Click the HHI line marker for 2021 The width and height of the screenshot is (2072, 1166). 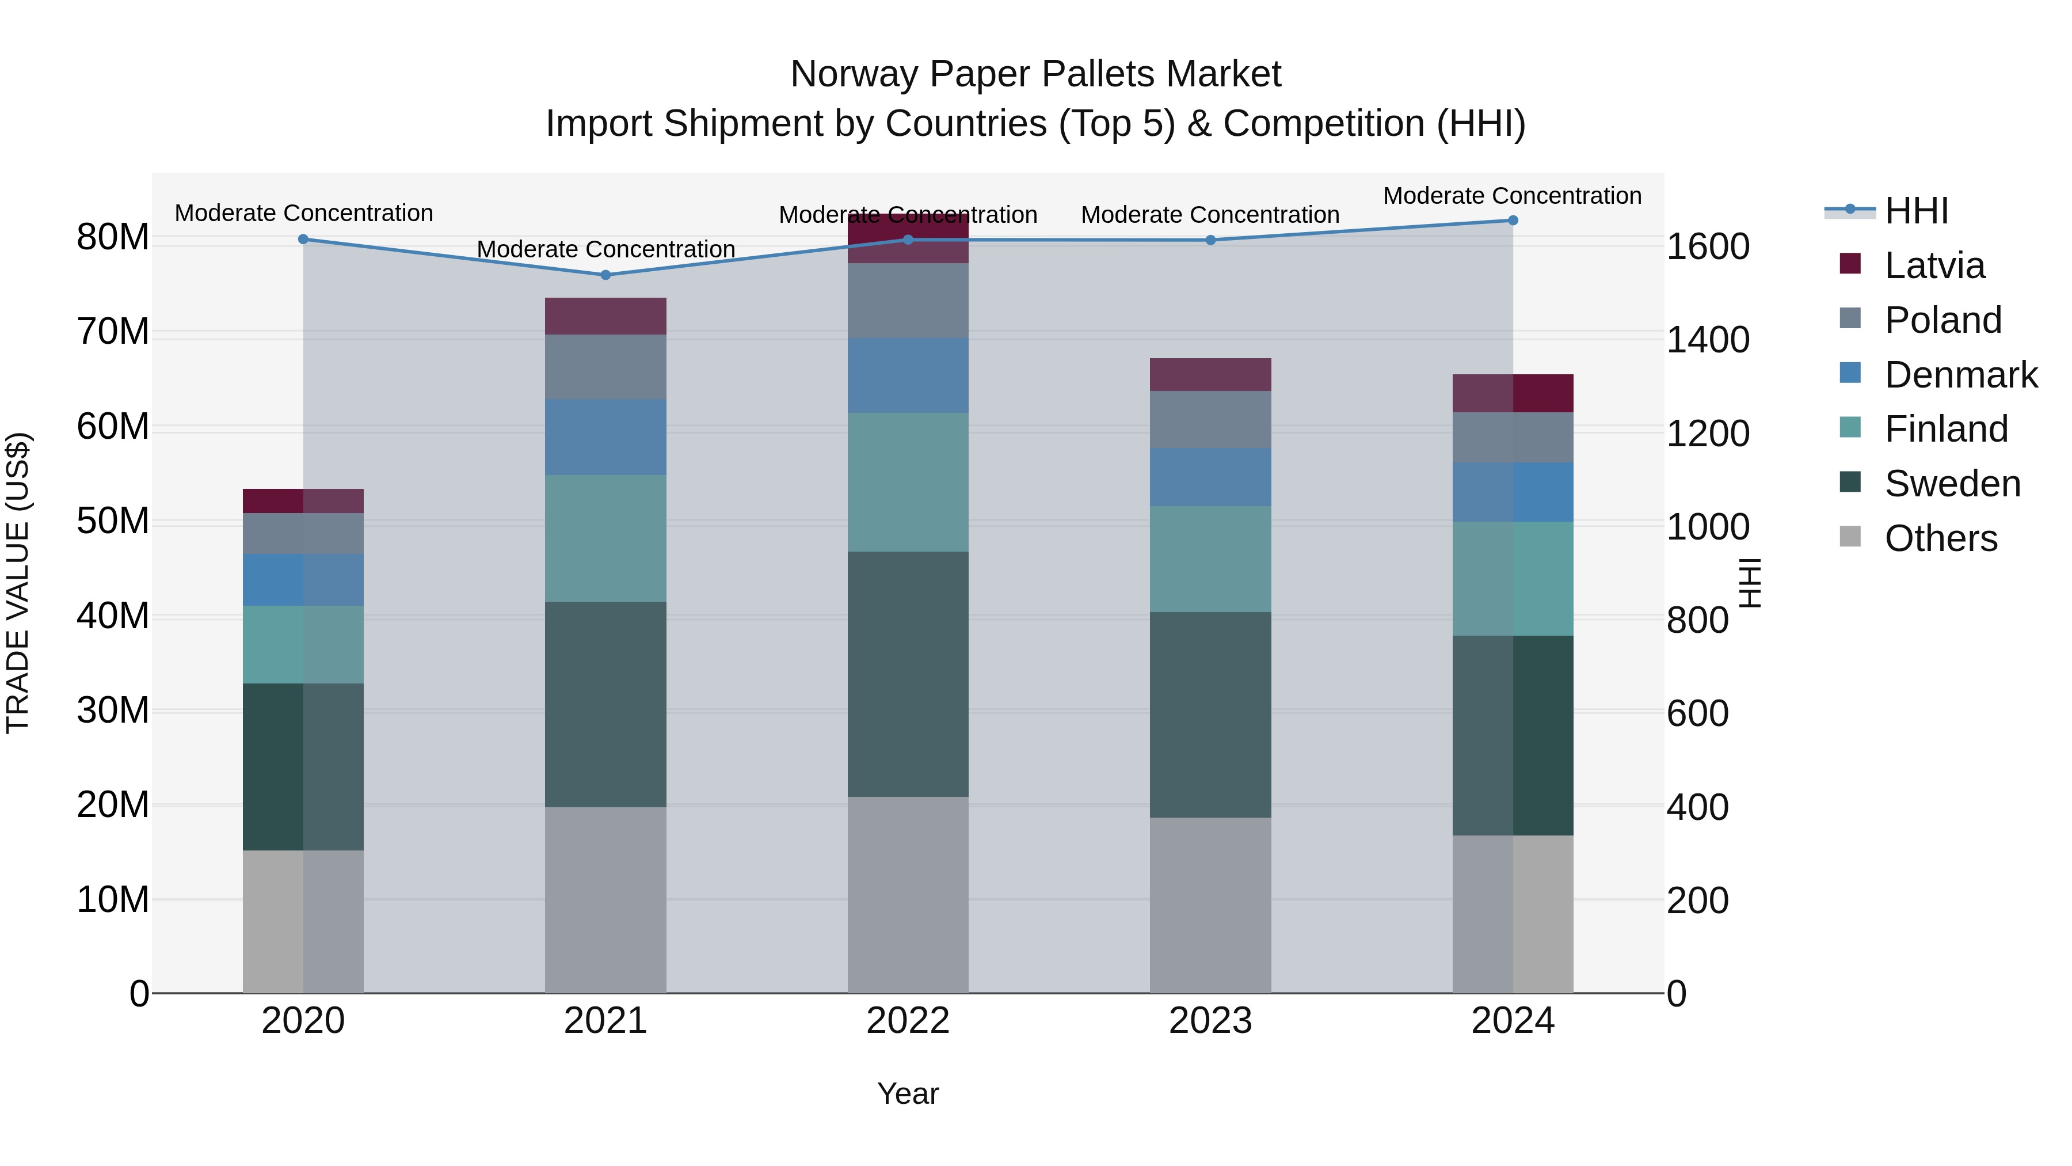coord(605,275)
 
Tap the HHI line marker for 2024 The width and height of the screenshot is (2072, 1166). coord(1512,221)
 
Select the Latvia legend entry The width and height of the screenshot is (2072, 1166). coord(1934,265)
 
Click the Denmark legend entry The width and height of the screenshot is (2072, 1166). coord(1960,375)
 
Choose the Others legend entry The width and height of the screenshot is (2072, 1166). coord(1940,538)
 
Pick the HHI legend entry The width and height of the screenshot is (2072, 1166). coord(1916,211)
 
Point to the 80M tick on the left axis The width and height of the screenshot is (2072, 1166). coord(113,237)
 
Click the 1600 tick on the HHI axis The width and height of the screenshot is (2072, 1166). coord(1708,246)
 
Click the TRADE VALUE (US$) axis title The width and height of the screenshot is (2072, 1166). coord(18,583)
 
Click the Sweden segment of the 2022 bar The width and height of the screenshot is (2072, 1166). coord(908,674)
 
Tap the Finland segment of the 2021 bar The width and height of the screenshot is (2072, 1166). coord(605,538)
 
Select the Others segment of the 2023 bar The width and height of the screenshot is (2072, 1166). coord(1210,905)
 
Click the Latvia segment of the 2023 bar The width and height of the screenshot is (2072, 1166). coord(1210,375)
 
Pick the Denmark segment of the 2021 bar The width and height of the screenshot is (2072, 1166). coord(605,437)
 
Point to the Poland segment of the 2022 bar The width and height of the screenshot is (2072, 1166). coord(908,301)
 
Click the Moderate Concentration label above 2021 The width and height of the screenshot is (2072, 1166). coord(605,249)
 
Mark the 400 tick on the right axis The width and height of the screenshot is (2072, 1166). coord(1697,807)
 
